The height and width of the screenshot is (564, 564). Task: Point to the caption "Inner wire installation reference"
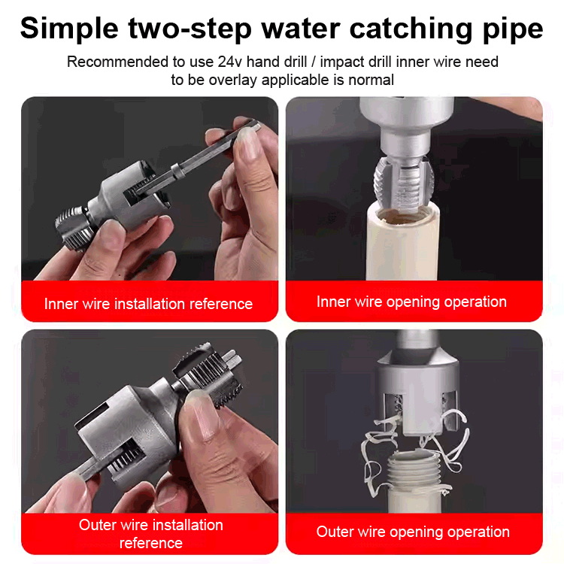coord(148,304)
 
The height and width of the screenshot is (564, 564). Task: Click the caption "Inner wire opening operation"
coord(411,302)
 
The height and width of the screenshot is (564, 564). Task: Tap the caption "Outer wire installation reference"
coord(150,533)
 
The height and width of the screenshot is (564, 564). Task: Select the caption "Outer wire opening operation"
coord(413,532)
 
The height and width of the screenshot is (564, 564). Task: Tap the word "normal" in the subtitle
coord(368,79)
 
